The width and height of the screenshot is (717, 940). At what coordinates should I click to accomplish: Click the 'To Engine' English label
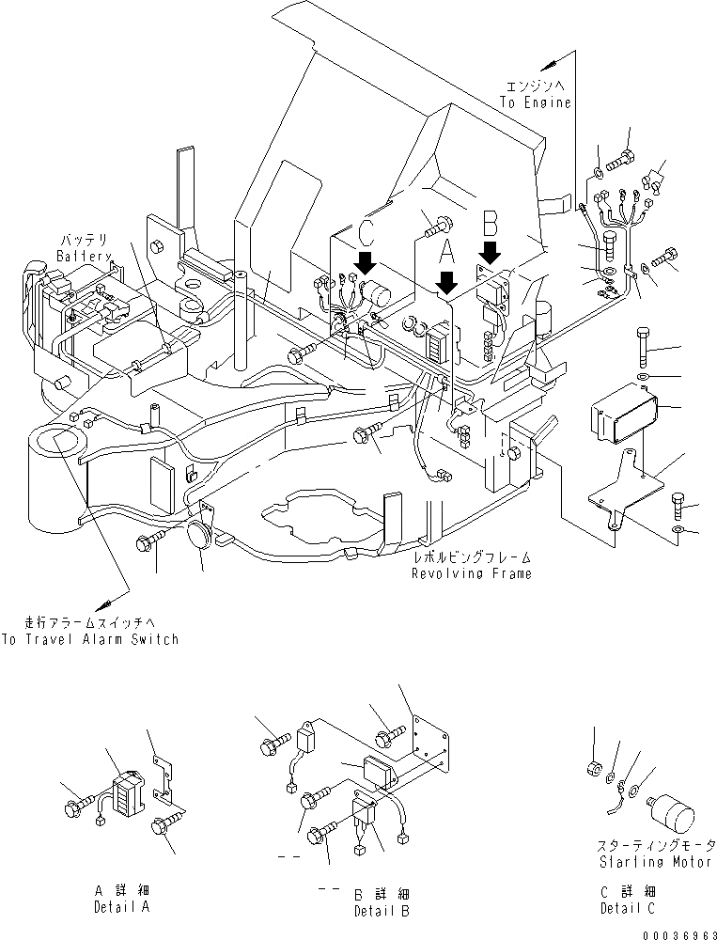point(536,102)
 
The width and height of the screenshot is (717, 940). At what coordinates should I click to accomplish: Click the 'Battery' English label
point(84,256)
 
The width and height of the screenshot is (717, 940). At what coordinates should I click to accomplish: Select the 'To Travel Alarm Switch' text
point(89,639)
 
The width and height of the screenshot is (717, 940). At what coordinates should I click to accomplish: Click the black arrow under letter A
point(447,281)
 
